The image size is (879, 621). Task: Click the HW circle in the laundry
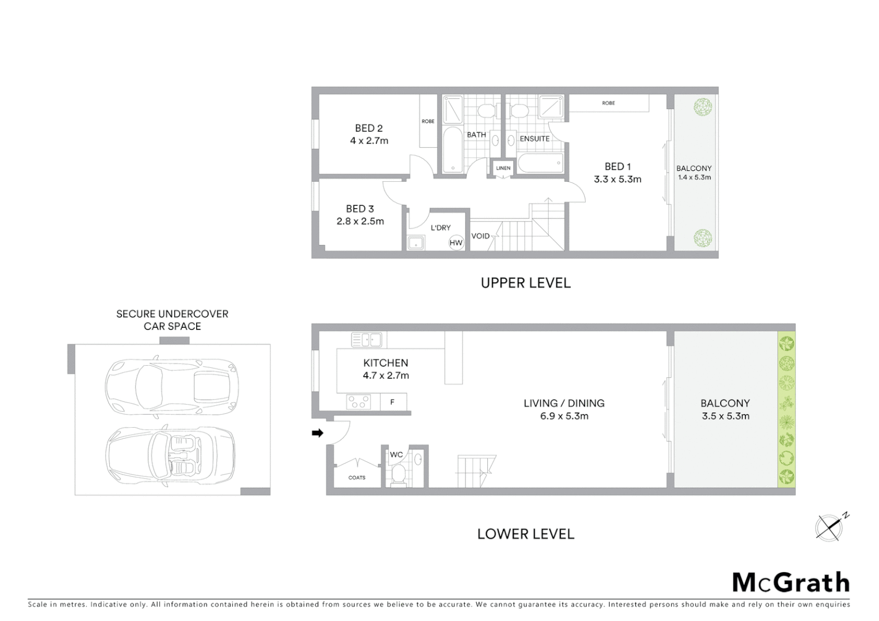tap(456, 243)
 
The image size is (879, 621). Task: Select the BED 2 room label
tap(369, 128)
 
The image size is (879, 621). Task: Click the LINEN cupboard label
tap(503, 168)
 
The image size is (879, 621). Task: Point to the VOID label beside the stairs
tap(480, 236)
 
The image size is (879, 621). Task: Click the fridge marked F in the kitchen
tap(393, 402)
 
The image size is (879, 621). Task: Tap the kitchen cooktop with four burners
tap(358, 401)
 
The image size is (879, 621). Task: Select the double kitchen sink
tap(366, 340)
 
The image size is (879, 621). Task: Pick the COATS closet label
tap(357, 478)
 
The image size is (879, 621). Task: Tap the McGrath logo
tap(790, 582)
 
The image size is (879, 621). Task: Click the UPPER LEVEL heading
tap(525, 283)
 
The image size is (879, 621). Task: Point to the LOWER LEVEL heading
tap(525, 534)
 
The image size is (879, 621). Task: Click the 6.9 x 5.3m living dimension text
tap(564, 416)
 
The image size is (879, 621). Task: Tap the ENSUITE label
tap(534, 139)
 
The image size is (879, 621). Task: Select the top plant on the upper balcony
tap(702, 107)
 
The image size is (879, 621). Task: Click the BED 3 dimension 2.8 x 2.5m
tap(360, 221)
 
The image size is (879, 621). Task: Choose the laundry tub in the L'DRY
tap(415, 243)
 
